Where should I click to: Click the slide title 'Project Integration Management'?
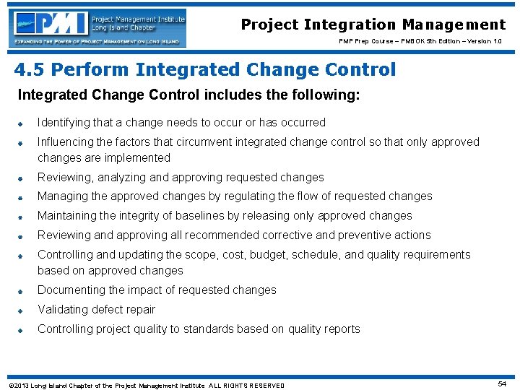373,25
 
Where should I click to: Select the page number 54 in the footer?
502,383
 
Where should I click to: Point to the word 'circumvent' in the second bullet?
214,142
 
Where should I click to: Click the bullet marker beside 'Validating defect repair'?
22,311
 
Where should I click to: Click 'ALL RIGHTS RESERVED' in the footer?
246,385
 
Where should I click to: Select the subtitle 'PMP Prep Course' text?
364,41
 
